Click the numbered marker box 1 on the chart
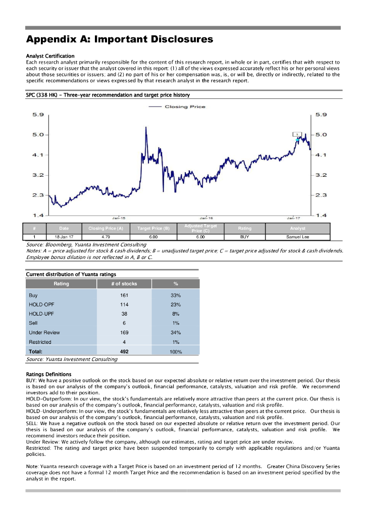[298, 134]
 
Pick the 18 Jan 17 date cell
[64, 236]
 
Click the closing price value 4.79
[106, 236]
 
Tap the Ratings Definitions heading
[48, 374]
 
